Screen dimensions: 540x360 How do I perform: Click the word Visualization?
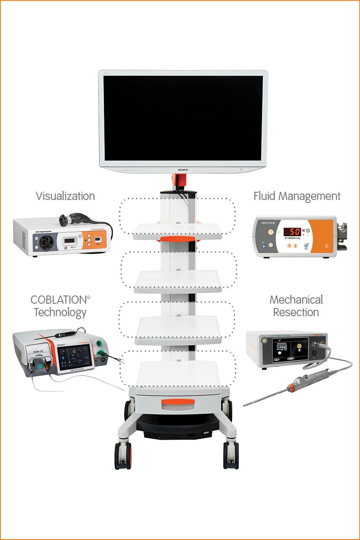coord(65,196)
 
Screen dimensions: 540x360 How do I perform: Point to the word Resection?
coord(296,312)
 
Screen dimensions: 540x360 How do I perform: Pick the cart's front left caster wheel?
coord(123,456)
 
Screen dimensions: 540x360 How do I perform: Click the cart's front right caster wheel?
coord(231,456)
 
